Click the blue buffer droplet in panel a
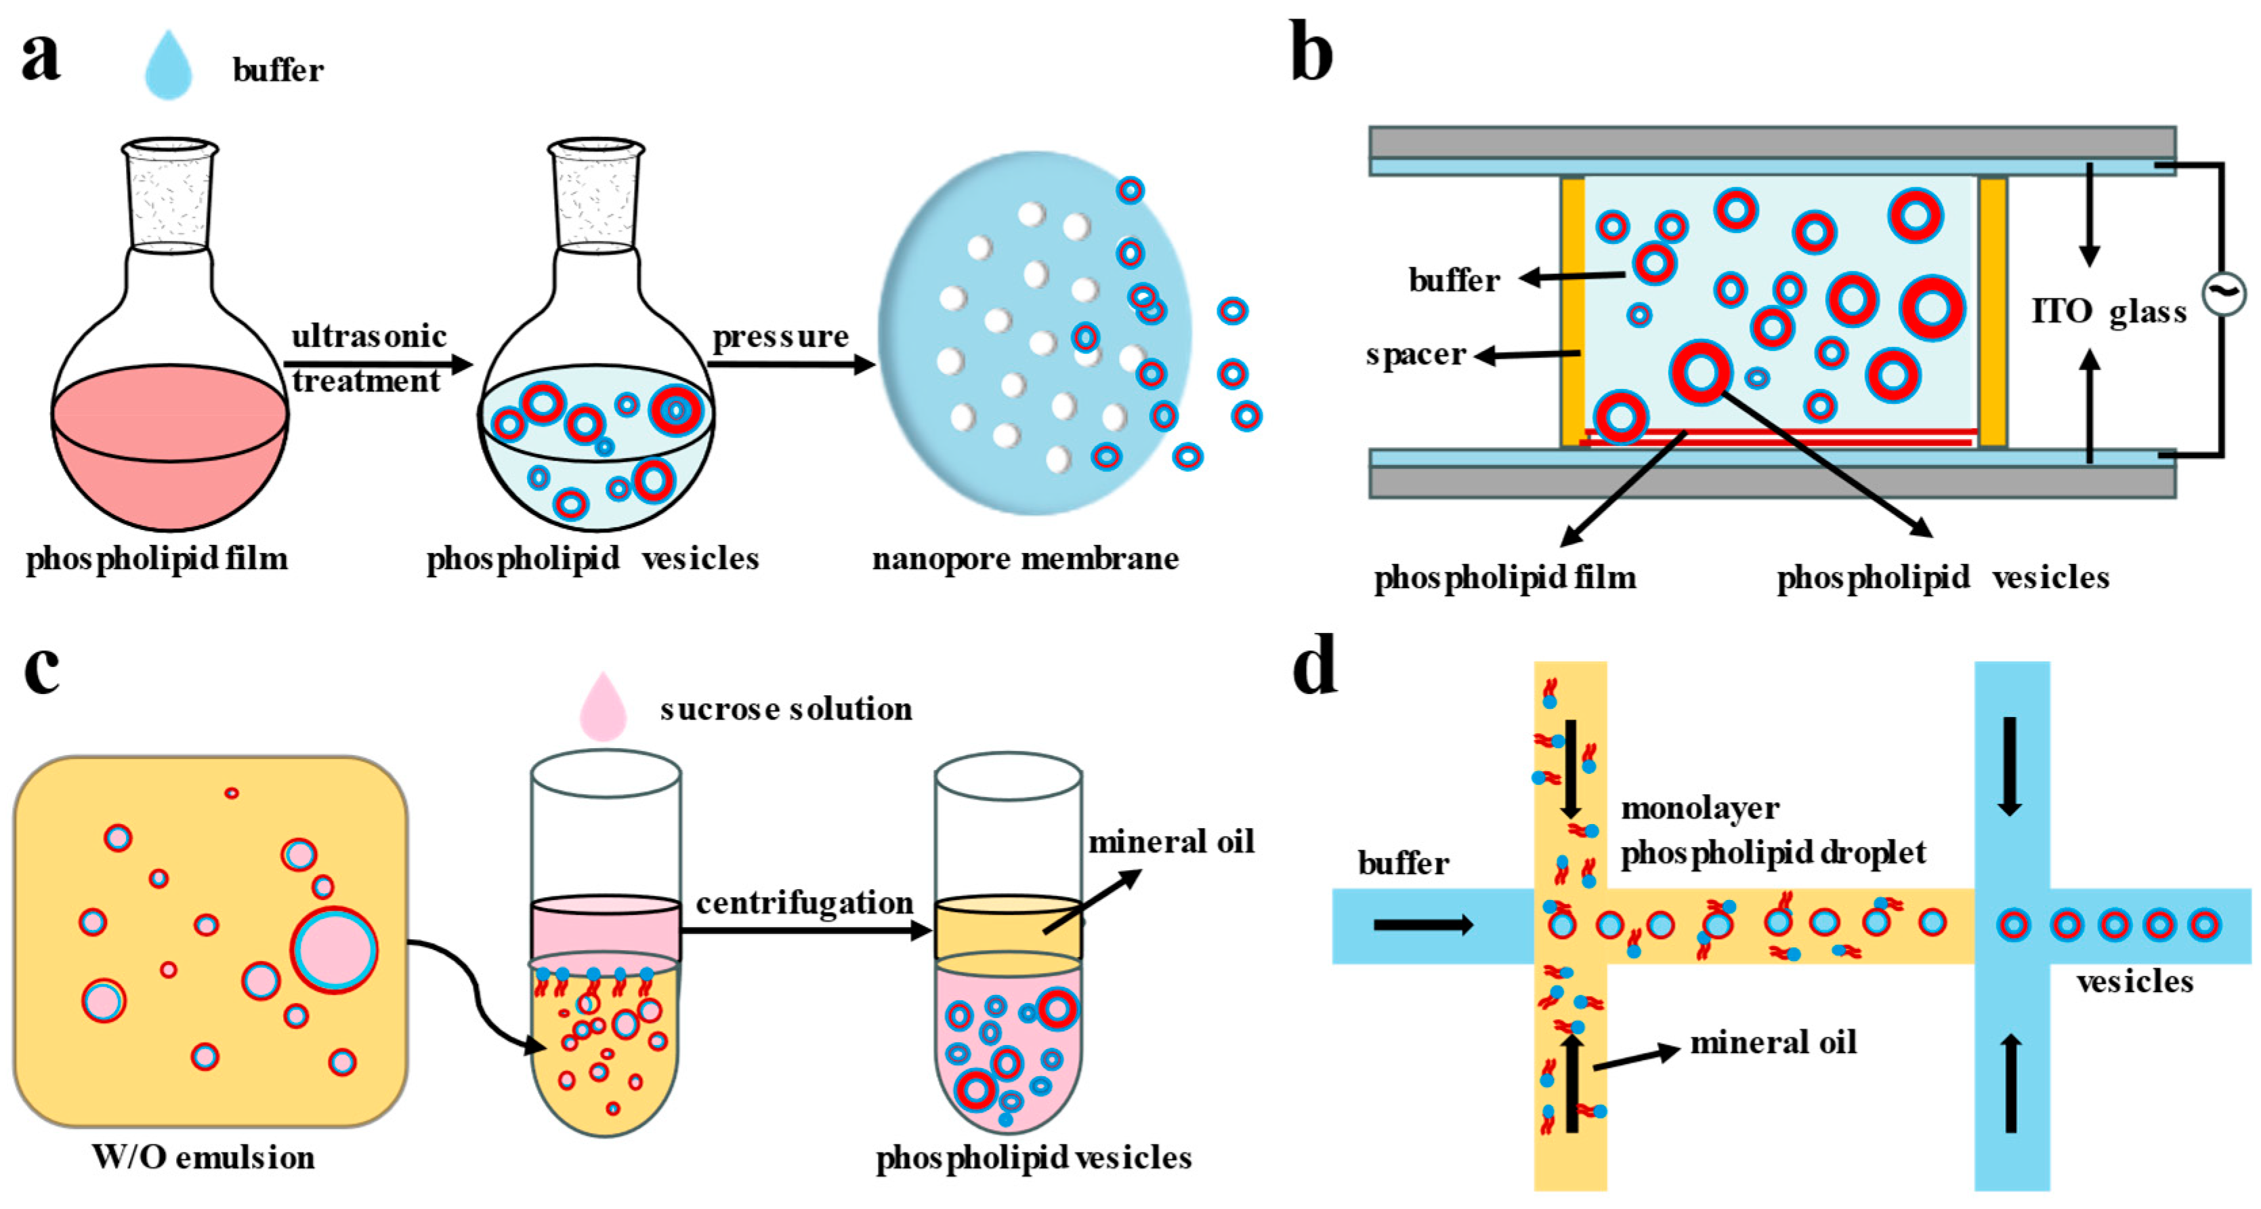click(169, 66)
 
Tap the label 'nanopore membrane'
click(1026, 558)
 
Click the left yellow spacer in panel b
click(1573, 312)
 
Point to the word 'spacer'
click(1416, 354)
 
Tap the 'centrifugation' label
click(804, 903)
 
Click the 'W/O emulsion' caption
click(204, 1157)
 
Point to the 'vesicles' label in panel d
click(2134, 981)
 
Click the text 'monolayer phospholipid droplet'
click(1771, 829)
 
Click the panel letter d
click(1315, 668)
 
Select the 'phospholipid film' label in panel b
click(1504, 577)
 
